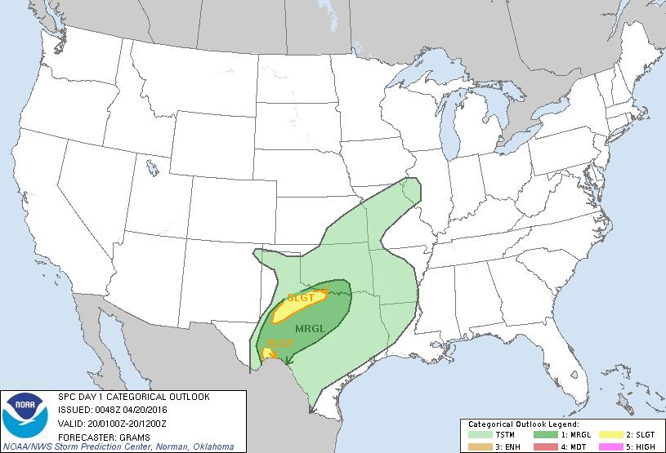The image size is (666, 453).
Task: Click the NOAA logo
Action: pos(25,415)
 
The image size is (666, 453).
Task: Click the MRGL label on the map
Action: pos(311,328)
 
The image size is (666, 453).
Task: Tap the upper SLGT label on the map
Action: pos(300,298)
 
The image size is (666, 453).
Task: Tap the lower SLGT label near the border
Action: pos(280,344)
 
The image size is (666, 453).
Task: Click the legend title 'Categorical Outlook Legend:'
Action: pos(523,424)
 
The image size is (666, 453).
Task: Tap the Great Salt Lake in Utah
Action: pos(152,168)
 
